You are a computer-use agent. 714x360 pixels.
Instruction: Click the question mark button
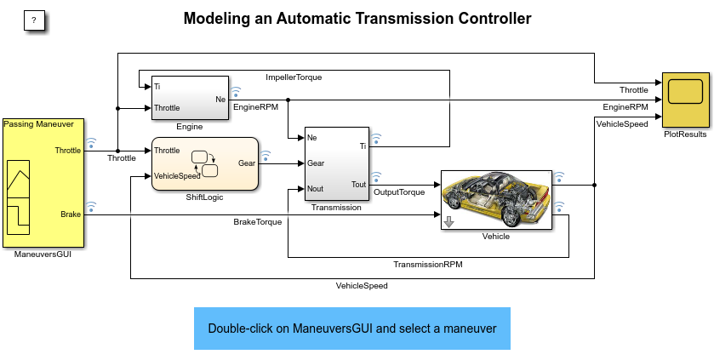(x=33, y=20)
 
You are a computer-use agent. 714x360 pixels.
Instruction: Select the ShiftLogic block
(x=204, y=163)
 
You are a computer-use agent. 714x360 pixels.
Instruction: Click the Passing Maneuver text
(x=38, y=124)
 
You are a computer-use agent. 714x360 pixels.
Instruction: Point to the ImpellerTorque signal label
(x=294, y=77)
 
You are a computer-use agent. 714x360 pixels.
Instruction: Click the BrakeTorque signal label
(x=257, y=221)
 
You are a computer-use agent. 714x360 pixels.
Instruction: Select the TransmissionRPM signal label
(x=428, y=264)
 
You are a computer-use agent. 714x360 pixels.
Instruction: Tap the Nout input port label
(x=316, y=188)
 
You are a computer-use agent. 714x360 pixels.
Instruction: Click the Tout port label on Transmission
(x=358, y=184)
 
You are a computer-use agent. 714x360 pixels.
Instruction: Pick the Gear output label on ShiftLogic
(x=246, y=163)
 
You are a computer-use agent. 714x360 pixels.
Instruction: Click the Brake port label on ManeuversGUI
(x=71, y=214)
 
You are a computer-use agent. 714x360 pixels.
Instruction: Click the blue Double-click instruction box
(x=351, y=328)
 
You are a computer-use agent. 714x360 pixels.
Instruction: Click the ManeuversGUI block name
(x=43, y=253)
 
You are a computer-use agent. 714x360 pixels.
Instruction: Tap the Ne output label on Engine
(x=220, y=99)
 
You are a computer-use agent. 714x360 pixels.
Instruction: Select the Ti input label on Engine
(x=158, y=86)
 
